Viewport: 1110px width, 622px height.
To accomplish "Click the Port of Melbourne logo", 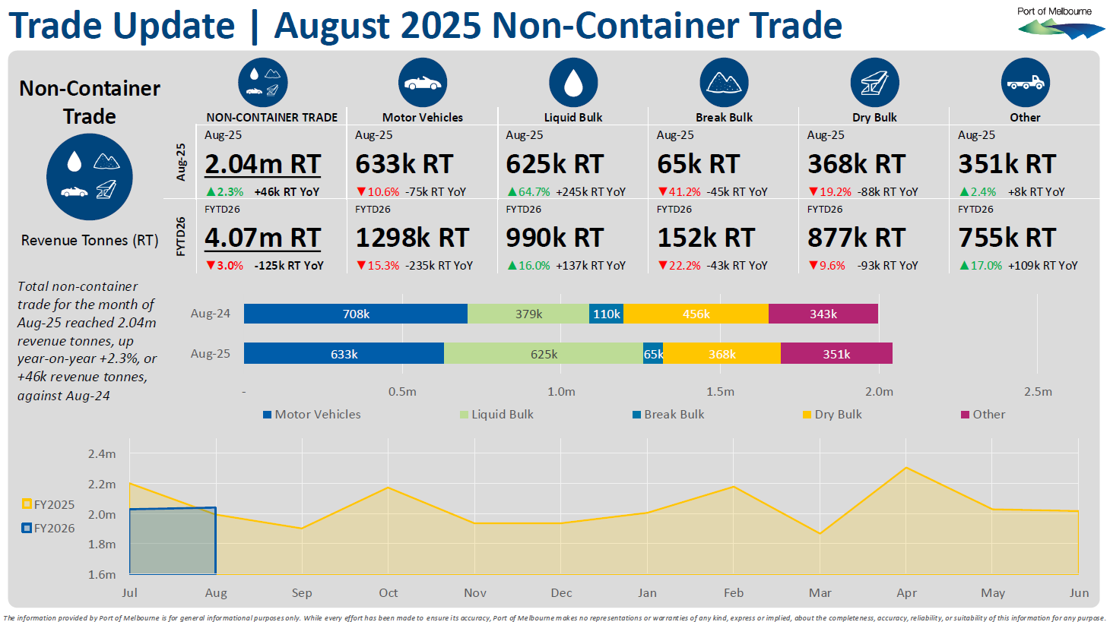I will pyautogui.click(x=1061, y=24).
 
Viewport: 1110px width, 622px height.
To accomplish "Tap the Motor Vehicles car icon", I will pyautogui.click(x=422, y=82).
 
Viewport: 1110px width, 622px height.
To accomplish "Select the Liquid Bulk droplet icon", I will pyautogui.click(x=573, y=82).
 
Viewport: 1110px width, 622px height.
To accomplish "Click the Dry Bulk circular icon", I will pyautogui.click(x=874, y=82).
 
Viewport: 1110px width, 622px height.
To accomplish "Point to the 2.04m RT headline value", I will pyautogui.click(x=263, y=164).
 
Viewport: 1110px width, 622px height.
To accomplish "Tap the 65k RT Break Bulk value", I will pyautogui.click(x=698, y=164).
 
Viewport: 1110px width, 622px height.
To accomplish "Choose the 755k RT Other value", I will pyautogui.click(x=1007, y=238).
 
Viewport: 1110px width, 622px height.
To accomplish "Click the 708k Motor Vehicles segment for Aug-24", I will pyautogui.click(x=356, y=314).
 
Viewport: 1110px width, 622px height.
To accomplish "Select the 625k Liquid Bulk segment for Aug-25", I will pyautogui.click(x=544, y=354).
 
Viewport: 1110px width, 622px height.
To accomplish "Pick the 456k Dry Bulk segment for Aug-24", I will pyautogui.click(x=696, y=314).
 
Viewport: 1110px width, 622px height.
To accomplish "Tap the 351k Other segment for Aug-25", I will pyautogui.click(x=836, y=354).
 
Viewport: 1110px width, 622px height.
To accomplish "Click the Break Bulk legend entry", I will pyautogui.click(x=668, y=415).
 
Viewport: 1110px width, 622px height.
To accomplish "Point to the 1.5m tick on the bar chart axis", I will pyautogui.click(x=720, y=392).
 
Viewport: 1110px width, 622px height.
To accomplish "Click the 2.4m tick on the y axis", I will pyautogui.click(x=102, y=454).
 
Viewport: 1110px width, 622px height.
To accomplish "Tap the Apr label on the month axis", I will pyautogui.click(x=906, y=593).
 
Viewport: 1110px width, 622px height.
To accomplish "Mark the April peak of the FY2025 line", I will pyautogui.click(x=906, y=467).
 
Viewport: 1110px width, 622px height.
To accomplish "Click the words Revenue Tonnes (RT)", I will pyautogui.click(x=90, y=241).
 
